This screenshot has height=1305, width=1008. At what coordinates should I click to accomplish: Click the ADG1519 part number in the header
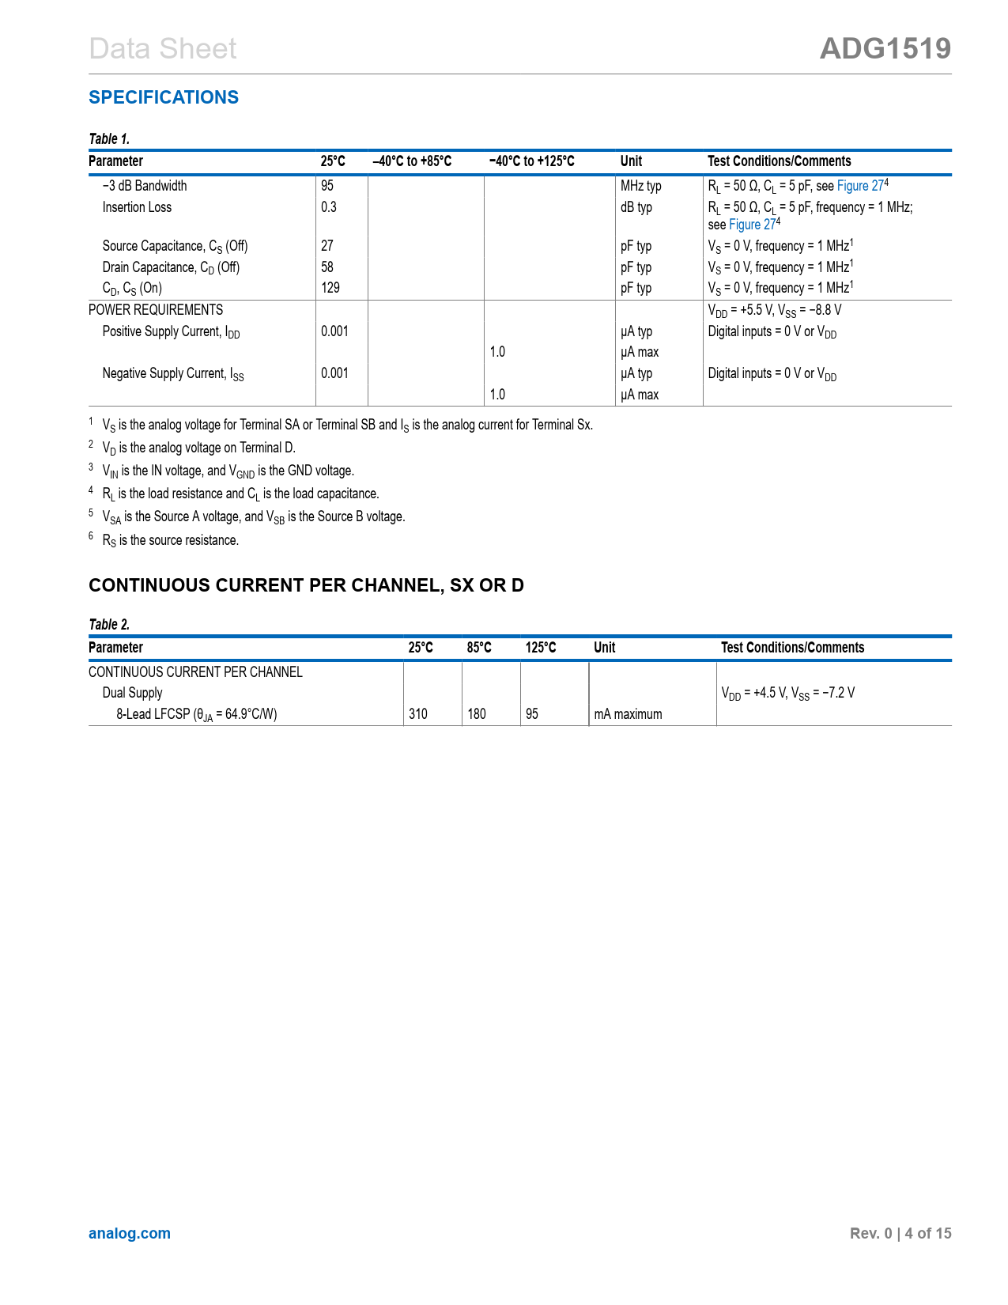[x=885, y=49]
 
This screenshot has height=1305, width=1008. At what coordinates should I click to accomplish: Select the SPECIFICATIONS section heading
[x=164, y=97]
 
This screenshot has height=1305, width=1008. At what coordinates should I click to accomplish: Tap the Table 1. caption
[x=109, y=139]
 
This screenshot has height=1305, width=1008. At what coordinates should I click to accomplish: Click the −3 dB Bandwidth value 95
[x=327, y=186]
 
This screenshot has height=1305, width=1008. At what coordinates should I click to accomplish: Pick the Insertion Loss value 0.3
[x=329, y=207]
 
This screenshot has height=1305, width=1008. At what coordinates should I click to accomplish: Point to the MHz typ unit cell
[x=640, y=186]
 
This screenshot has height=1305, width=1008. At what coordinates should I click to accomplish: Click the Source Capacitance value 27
[x=327, y=246]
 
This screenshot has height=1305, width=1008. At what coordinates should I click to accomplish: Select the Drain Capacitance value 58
[x=327, y=267]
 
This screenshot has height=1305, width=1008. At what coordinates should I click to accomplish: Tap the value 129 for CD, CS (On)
[x=330, y=288]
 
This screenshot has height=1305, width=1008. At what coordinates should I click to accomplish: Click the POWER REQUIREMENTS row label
[x=156, y=310]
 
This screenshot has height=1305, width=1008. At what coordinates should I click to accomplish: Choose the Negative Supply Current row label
[x=173, y=373]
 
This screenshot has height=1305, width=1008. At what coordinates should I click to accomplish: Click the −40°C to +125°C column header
[x=532, y=161]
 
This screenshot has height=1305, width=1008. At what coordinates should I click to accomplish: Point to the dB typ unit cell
[x=636, y=207]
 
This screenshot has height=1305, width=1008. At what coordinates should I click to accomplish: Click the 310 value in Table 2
[x=418, y=714]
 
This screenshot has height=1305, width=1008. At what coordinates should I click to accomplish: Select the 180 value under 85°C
[x=477, y=714]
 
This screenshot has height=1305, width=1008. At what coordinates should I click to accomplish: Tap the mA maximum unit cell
[x=628, y=714]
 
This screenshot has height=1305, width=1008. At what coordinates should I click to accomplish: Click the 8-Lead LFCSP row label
[x=197, y=714]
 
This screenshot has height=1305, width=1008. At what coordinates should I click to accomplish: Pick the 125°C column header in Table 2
[x=541, y=648]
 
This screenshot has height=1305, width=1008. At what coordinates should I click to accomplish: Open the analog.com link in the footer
[x=130, y=1234]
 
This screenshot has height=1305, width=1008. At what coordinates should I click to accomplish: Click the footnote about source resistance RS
[x=171, y=540]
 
